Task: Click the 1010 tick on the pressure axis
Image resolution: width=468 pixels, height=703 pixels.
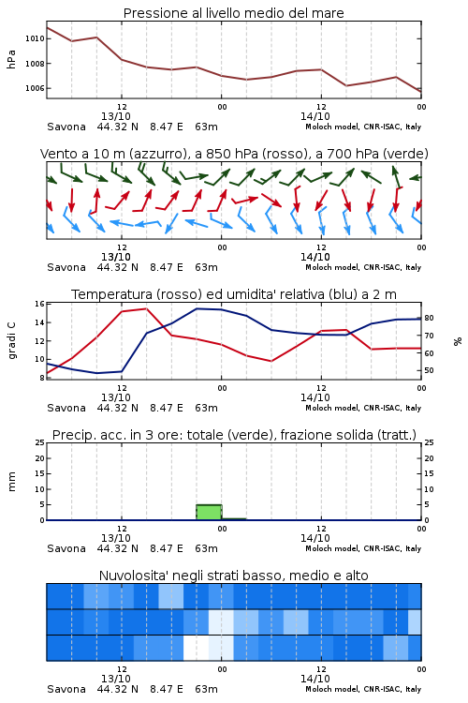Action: pos(35,39)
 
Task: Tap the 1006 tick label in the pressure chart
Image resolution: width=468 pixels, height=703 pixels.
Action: pos(35,88)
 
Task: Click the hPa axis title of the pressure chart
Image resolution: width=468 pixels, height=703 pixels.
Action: pos(11,59)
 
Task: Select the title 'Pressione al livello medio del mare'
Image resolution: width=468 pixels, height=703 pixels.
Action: pos(233,13)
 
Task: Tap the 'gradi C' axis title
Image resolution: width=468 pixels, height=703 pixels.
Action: pos(11,341)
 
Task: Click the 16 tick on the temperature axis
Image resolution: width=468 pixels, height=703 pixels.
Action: pos(40,304)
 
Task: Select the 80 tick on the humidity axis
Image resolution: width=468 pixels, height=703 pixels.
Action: pos(429,318)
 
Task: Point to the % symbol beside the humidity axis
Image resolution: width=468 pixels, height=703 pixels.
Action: pos(458,341)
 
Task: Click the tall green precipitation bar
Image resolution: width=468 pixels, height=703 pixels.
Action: pos(209,513)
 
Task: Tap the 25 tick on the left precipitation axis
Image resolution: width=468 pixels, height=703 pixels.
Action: pos(40,443)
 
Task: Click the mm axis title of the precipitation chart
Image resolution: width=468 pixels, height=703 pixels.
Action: pos(11,482)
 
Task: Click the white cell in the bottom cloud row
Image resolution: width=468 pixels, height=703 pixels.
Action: pos(197,648)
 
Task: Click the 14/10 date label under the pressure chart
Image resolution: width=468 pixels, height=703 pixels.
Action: pos(315,116)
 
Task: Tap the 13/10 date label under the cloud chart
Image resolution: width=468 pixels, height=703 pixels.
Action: pos(116,679)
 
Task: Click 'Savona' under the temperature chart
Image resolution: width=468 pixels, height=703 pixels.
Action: pos(66,408)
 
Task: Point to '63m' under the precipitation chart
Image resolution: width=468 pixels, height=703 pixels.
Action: pos(207,548)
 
